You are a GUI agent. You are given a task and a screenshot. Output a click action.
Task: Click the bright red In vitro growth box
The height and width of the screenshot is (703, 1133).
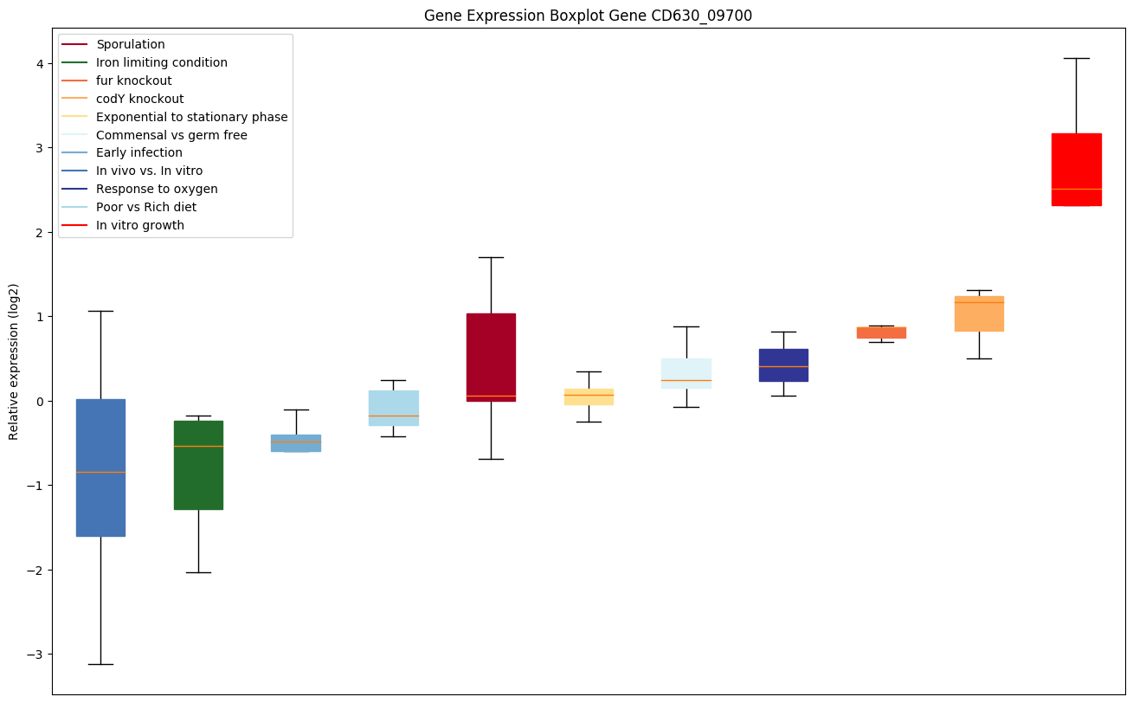click(1076, 169)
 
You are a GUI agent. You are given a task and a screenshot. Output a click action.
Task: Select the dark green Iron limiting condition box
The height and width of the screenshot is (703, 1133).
click(198, 465)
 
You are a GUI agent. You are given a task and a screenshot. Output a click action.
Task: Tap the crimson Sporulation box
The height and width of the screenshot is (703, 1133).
click(491, 357)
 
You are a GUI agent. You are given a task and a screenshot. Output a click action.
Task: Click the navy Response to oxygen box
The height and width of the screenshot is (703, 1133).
click(783, 364)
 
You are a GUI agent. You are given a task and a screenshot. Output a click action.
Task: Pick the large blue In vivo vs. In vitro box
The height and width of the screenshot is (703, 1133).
click(100, 468)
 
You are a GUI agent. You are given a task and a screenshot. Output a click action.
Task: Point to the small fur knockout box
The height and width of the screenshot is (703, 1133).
click(881, 332)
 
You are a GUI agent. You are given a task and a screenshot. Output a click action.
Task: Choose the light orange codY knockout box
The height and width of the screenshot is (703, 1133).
click(979, 313)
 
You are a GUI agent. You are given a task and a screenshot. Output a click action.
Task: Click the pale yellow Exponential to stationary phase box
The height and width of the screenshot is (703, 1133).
click(589, 397)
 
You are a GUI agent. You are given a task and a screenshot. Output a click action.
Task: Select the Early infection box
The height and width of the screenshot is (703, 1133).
click(296, 442)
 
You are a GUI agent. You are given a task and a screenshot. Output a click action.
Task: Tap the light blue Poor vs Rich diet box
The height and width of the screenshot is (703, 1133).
click(394, 408)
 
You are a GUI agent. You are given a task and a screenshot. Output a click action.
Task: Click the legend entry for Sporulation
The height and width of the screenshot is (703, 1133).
click(130, 44)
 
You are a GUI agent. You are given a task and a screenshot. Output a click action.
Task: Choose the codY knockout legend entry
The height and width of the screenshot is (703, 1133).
click(139, 99)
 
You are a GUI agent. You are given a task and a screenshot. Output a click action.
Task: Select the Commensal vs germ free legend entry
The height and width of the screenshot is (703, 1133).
click(171, 135)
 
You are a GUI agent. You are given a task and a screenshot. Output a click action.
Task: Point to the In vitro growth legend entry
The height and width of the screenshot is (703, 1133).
click(140, 226)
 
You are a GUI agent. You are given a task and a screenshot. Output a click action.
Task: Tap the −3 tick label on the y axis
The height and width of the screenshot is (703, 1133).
click(35, 655)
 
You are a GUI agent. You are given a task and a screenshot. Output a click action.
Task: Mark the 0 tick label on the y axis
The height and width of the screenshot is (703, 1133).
click(40, 401)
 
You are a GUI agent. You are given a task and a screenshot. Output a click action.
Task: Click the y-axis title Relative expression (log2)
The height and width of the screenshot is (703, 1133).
click(14, 361)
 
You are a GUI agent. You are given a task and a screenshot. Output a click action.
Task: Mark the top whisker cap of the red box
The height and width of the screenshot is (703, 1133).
click(1076, 58)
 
